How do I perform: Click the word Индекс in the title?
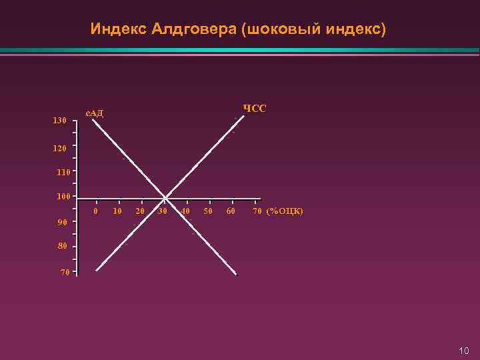coord(119,29)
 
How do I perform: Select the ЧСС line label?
coord(254,108)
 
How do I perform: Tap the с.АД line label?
coord(94,113)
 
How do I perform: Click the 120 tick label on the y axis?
coord(59,149)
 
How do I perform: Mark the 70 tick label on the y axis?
coord(64,272)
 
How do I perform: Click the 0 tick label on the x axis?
coord(96,211)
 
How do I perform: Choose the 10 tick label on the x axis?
coord(117,211)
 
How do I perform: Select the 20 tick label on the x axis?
coord(140,211)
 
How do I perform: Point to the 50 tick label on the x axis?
coord(208,211)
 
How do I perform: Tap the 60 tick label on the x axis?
coord(231,211)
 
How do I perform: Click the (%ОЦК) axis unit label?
coord(285,211)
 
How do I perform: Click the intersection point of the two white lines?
coord(165,198)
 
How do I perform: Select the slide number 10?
coord(464,351)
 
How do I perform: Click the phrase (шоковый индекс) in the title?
coord(313,29)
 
